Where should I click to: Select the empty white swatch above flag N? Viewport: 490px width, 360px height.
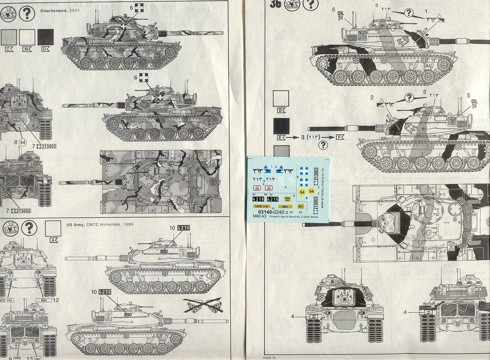[27, 37]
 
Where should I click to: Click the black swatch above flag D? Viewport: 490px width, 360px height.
[46, 37]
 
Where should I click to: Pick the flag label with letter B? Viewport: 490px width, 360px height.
[281, 110]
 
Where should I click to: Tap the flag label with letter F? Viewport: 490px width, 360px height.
[339, 137]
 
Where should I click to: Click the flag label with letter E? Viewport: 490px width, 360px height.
[281, 137]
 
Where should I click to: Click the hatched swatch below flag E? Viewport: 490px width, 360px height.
[281, 151]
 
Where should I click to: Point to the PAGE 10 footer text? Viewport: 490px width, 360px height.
[269, 357]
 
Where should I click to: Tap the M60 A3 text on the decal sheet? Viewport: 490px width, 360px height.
[259, 217]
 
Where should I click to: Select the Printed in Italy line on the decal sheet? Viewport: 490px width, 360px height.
[294, 217]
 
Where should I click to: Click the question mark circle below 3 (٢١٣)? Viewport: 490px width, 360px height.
[323, 145]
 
